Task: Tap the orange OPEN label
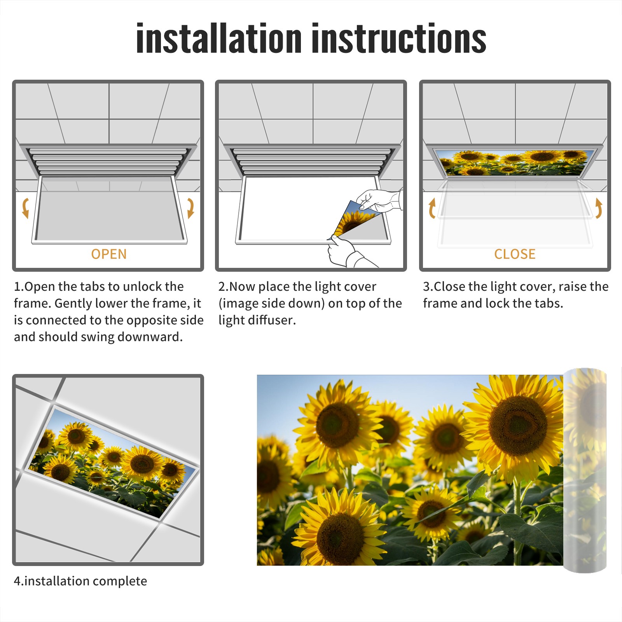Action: tap(109, 254)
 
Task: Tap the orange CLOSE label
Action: tap(515, 254)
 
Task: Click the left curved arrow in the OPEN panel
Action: tap(25, 208)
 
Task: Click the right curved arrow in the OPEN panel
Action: tap(190, 208)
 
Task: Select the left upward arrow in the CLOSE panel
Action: tap(432, 208)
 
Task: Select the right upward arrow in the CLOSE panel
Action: tap(599, 208)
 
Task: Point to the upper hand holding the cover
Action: tap(379, 200)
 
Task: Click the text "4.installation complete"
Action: tap(80, 581)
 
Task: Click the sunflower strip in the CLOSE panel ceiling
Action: tap(515, 162)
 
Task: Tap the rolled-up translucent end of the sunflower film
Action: tap(585, 470)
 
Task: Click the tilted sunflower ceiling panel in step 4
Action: tap(111, 463)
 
